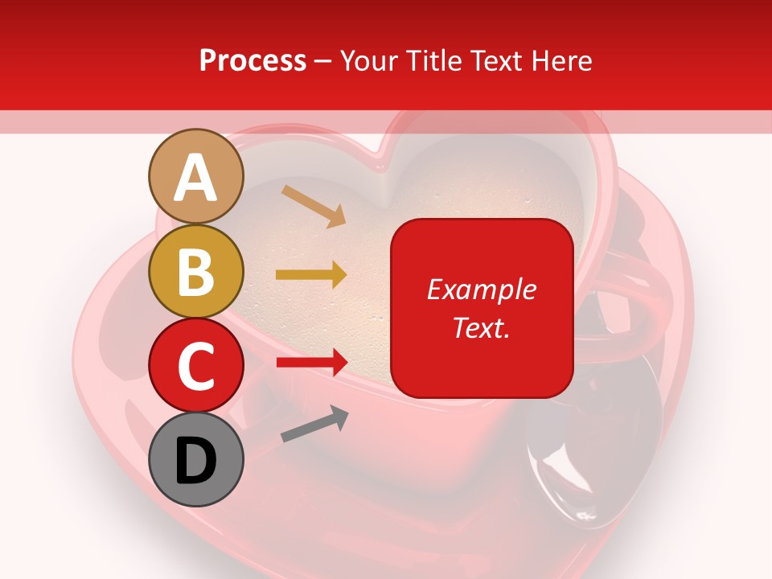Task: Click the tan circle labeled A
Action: click(196, 177)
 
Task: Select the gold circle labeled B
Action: click(196, 272)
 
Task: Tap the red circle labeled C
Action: click(196, 365)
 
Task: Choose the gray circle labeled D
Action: click(196, 459)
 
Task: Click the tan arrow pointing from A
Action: click(313, 206)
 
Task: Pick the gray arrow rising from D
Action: click(314, 425)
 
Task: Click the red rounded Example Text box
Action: click(482, 308)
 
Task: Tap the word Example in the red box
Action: click(482, 289)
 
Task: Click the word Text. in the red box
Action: click(482, 327)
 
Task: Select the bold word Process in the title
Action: click(253, 60)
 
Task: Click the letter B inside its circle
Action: click(196, 272)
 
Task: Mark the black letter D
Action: click(196, 461)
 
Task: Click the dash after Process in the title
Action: click(322, 62)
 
